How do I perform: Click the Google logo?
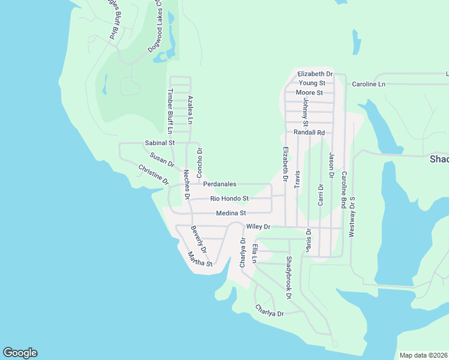20,353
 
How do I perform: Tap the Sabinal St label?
160,143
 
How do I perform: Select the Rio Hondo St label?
229,199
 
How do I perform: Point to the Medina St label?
231,213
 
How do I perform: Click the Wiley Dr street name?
259,227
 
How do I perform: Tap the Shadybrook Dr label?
289,278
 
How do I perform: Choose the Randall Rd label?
309,132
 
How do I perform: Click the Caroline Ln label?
368,84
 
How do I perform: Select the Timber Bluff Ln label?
170,112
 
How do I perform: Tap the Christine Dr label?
154,174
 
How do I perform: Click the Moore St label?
310,93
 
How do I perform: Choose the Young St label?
312,83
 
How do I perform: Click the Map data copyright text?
423,355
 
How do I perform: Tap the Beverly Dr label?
199,239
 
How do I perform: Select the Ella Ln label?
255,253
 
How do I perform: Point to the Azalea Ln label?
190,110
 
